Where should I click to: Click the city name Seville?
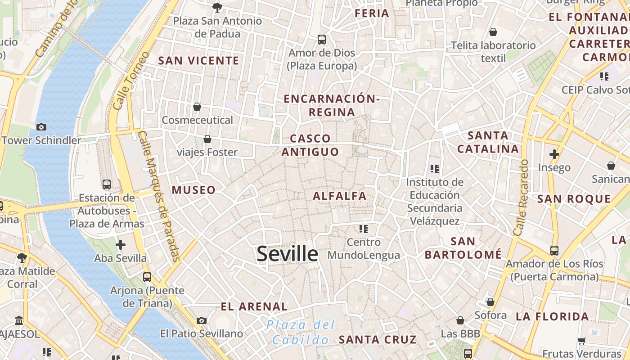coord(287,254)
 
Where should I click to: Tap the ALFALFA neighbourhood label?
coord(340,196)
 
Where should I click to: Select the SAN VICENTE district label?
coord(198,61)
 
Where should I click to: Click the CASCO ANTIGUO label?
coord(310,145)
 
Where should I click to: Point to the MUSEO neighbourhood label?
coord(193,190)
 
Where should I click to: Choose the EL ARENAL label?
coord(254,307)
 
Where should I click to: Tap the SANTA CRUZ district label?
coord(378,339)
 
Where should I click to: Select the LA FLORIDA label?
coord(552,316)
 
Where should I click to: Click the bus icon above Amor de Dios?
coord(322,39)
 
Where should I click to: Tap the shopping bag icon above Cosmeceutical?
coord(197,107)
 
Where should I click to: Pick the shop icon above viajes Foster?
coord(207,139)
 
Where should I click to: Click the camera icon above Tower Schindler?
coord(41,127)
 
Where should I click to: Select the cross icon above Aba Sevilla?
coord(121,245)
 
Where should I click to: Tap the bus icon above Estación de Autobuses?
coord(107,184)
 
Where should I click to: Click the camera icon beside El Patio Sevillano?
coord(202,320)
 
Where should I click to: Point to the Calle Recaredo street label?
coord(521,197)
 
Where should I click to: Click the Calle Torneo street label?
coord(131,81)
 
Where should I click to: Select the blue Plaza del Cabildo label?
coord(301,332)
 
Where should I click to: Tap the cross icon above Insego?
coord(554,154)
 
